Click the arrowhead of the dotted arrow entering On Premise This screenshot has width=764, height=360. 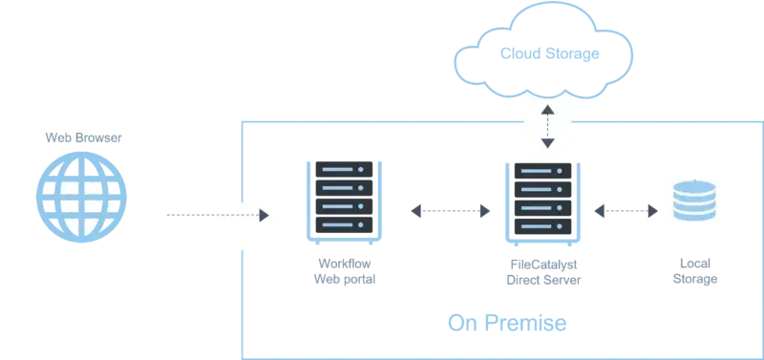click(265, 216)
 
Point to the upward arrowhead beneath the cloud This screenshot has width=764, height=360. click(547, 111)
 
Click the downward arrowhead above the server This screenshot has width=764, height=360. click(547, 143)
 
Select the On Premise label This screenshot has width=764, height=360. click(508, 325)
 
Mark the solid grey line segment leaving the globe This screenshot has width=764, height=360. click(186, 217)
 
